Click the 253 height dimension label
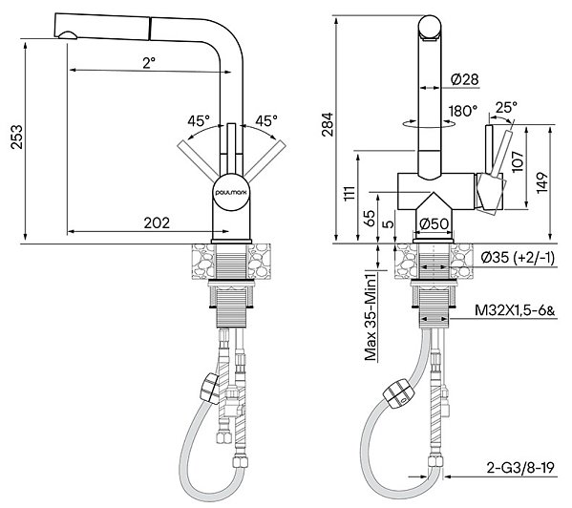[x=17, y=137]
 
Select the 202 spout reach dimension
[x=157, y=222]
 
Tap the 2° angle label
[x=149, y=63]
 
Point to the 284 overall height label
[x=328, y=124]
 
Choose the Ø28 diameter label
[x=464, y=79]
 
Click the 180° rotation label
[x=463, y=111]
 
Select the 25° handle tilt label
[x=506, y=107]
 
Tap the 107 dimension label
[x=518, y=160]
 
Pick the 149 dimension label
[x=542, y=182]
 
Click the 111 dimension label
[x=350, y=193]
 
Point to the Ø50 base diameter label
[x=434, y=223]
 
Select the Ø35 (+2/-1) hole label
[x=518, y=258]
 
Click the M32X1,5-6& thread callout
[x=515, y=310]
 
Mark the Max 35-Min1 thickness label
[x=371, y=316]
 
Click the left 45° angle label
[x=199, y=120]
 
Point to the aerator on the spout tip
[x=67, y=35]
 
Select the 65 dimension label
[x=370, y=218]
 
